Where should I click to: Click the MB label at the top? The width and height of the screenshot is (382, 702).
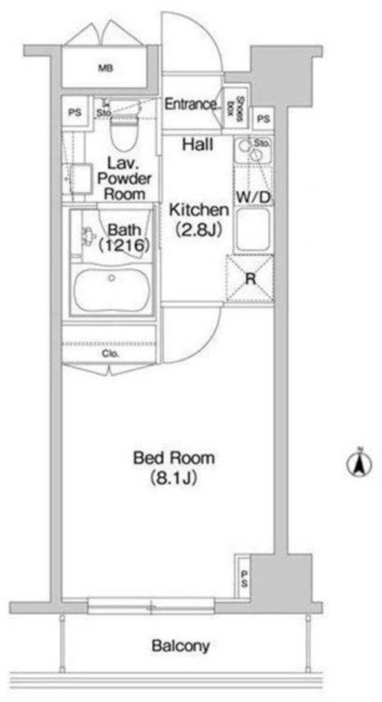(106, 69)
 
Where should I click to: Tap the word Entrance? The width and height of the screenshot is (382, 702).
(191, 104)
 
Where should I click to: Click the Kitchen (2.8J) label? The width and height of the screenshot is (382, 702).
(198, 219)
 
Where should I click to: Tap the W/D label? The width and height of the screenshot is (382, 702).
(254, 197)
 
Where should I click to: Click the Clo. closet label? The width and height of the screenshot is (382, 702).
(110, 354)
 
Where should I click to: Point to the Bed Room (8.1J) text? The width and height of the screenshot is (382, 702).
(174, 468)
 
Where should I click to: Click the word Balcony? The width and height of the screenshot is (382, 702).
(180, 646)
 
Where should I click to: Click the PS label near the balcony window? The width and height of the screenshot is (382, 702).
(245, 577)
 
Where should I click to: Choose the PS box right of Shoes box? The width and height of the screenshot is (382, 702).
(264, 119)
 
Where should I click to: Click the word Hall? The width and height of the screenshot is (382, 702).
(198, 144)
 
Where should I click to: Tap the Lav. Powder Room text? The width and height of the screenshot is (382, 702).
(124, 178)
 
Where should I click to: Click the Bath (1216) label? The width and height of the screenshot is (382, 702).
(124, 238)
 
